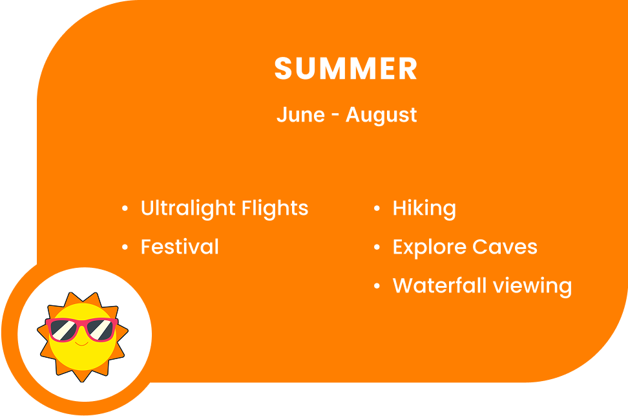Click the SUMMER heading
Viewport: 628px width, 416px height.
tap(346, 69)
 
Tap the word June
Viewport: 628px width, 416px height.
tap(300, 115)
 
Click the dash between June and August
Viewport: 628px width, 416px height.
tap(335, 116)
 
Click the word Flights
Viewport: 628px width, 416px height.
tap(275, 208)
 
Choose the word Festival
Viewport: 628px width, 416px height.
tap(180, 246)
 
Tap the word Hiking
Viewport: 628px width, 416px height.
tap(424, 208)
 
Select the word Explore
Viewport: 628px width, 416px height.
tap(429, 247)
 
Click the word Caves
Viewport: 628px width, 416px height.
tap(505, 246)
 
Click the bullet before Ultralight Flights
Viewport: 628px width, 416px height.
tap(125, 208)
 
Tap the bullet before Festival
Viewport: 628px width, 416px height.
tap(125, 247)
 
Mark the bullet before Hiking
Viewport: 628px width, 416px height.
tap(377, 208)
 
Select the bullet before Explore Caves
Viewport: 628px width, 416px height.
tap(377, 247)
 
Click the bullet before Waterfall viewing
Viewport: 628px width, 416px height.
tap(377, 286)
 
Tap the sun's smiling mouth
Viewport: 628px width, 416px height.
tap(81, 344)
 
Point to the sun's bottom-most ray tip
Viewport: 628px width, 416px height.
tap(82, 382)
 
